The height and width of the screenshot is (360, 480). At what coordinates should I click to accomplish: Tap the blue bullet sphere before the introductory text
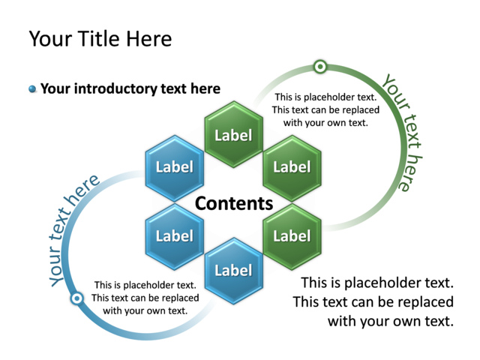click(32, 89)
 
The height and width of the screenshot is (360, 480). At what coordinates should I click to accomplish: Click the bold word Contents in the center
click(234, 203)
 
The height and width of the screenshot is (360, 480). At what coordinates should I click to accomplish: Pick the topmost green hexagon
click(233, 135)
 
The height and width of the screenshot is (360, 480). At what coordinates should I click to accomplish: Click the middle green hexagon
click(292, 167)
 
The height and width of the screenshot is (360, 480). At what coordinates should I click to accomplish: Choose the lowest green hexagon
click(292, 235)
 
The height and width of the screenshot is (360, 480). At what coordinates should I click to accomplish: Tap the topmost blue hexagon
click(174, 167)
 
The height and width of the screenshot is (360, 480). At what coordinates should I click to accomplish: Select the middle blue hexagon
click(174, 235)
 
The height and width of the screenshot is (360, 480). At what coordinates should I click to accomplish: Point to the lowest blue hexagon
click(233, 270)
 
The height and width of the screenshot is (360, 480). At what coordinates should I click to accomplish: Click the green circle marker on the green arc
click(320, 67)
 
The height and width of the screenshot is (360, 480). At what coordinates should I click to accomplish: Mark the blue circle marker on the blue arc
click(76, 299)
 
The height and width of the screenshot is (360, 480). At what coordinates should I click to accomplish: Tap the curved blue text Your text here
click(73, 229)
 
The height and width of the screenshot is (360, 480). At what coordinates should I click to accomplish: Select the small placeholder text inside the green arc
click(325, 109)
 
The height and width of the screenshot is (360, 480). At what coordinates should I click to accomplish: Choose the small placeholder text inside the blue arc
click(145, 298)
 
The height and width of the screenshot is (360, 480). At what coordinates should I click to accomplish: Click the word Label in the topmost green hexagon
click(233, 136)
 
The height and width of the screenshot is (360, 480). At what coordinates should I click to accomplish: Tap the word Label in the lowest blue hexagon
click(233, 271)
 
